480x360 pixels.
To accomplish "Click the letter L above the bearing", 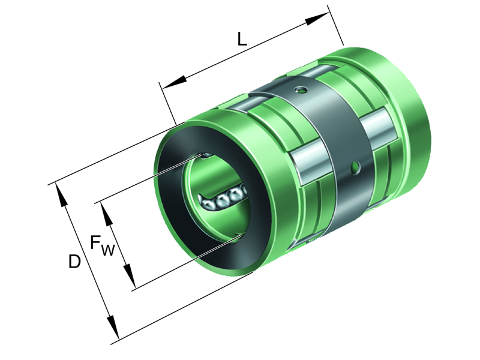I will [x=241, y=39].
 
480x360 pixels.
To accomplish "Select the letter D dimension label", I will [x=74, y=262].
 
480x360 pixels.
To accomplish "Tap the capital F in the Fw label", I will [x=96, y=242].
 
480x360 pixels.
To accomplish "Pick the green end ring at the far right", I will [x=414, y=120].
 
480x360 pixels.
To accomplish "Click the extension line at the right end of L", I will [x=337, y=27].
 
